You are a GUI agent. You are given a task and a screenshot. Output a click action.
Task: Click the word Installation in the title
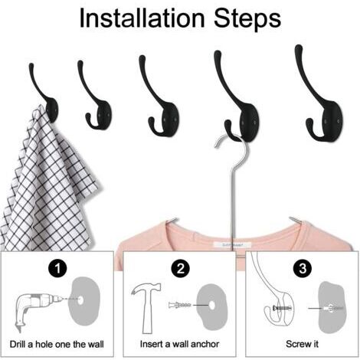(142, 18)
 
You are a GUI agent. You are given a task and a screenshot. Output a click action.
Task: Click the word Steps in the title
(247, 19)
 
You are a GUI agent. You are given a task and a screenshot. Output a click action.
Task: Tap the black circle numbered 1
(57, 268)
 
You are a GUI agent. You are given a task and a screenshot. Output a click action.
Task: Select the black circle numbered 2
(181, 268)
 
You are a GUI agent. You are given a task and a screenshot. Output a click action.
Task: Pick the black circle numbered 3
(303, 268)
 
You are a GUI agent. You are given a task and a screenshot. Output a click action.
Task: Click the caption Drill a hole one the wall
(57, 344)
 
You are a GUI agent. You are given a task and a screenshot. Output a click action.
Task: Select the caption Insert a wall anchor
(179, 344)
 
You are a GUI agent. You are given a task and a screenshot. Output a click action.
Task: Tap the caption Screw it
(302, 344)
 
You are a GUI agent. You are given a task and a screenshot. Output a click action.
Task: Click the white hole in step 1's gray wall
(80, 300)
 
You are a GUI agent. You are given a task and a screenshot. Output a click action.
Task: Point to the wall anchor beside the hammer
(180, 305)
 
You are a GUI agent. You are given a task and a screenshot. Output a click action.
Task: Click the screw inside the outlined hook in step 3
(282, 308)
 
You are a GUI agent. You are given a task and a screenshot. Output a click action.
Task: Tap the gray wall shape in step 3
(332, 306)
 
